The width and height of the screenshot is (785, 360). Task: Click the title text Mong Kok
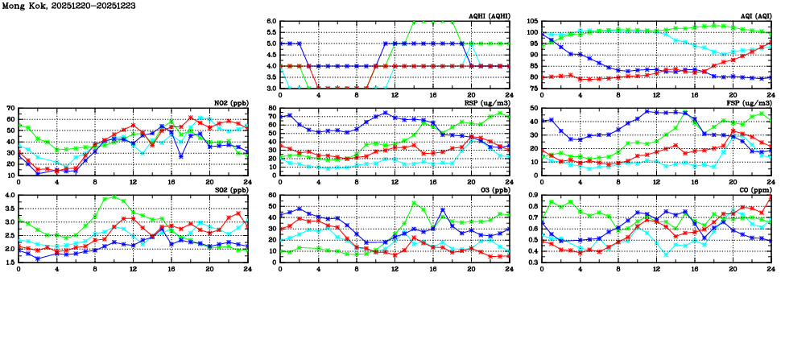27,6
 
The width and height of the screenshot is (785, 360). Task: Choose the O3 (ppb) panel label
494,190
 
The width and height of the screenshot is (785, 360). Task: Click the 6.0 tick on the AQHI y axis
271,22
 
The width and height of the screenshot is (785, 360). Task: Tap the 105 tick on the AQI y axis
532,22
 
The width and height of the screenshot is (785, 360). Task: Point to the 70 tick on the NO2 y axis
10,108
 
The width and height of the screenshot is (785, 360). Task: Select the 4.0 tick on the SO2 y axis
9,195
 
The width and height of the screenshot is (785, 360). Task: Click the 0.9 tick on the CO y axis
532,195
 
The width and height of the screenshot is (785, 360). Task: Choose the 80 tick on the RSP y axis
272,108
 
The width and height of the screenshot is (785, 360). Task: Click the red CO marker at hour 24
771,198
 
